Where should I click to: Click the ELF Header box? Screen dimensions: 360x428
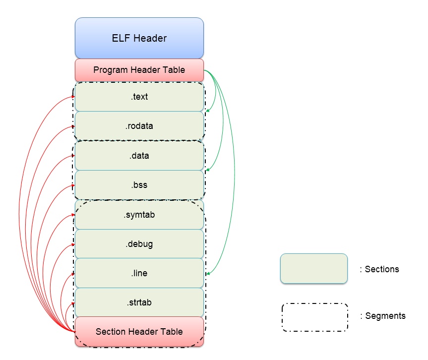pyautogui.click(x=139, y=38)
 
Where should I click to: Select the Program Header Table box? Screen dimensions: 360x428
pyautogui.click(x=139, y=70)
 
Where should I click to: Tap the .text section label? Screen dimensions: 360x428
pyautogui.click(x=139, y=97)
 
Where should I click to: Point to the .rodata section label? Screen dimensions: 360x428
pyautogui.click(x=139, y=126)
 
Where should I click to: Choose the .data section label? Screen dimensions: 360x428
pyautogui.click(x=139, y=156)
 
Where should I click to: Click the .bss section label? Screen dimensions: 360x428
pyautogui.click(x=139, y=185)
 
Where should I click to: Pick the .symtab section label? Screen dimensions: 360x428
pyautogui.click(x=139, y=215)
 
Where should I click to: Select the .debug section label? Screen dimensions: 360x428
pyautogui.click(x=139, y=244)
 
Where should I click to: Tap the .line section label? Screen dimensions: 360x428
pyautogui.click(x=139, y=273)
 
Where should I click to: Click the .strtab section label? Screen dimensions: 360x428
pyautogui.click(x=139, y=302)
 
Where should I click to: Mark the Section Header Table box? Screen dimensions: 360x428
pyautogui.click(x=139, y=331)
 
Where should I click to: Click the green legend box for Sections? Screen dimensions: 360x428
pyautogui.click(x=313, y=268)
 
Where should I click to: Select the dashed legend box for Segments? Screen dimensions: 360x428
pyautogui.click(x=314, y=317)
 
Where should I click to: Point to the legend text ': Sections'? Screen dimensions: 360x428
pyautogui.click(x=379, y=269)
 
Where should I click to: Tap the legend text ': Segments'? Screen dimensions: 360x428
pyautogui.click(x=382, y=316)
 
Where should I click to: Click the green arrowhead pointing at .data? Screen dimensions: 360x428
pyautogui.click(x=207, y=170)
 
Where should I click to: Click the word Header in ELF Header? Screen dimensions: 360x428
pyautogui.click(x=151, y=38)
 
